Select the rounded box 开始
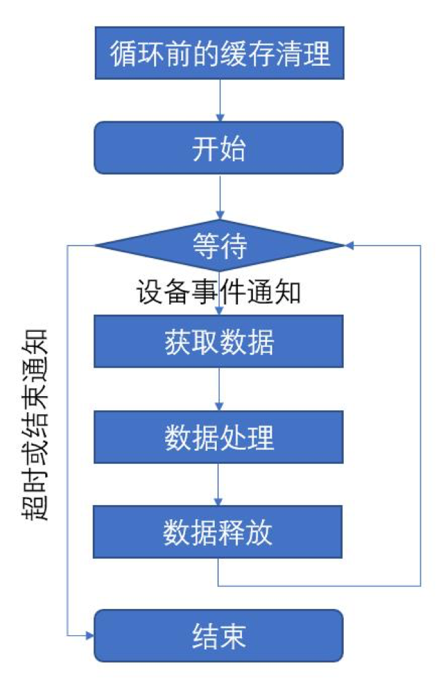219,148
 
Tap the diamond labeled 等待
219,245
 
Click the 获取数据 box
219,341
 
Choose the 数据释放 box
219,533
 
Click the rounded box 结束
219,635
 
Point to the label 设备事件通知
219,292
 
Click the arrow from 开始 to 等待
220,196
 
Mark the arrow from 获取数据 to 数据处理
220,390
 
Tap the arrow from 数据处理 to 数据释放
220,485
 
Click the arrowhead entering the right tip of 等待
349,245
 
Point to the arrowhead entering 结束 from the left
90,635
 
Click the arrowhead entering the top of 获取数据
220,311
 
